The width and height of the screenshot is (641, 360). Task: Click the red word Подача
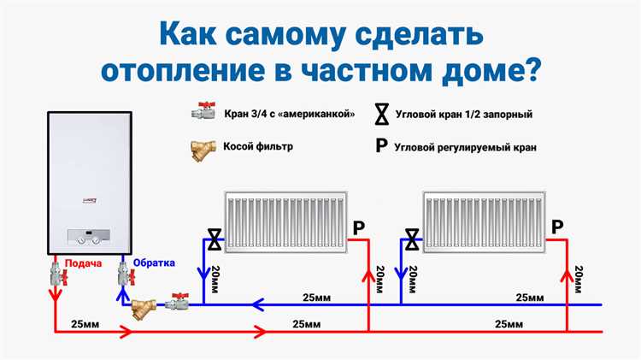pos(79,263)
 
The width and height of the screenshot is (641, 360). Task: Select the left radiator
pos(284,219)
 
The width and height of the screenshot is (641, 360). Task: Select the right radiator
pos(483,219)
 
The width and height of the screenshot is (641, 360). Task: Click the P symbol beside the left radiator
pos(358,228)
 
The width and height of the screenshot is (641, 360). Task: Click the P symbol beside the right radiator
pos(557,227)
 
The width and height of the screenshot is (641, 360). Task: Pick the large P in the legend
pos(381,146)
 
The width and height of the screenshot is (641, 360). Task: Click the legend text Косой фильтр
pos(258,146)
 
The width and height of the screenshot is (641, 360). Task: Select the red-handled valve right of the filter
pos(177,301)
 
